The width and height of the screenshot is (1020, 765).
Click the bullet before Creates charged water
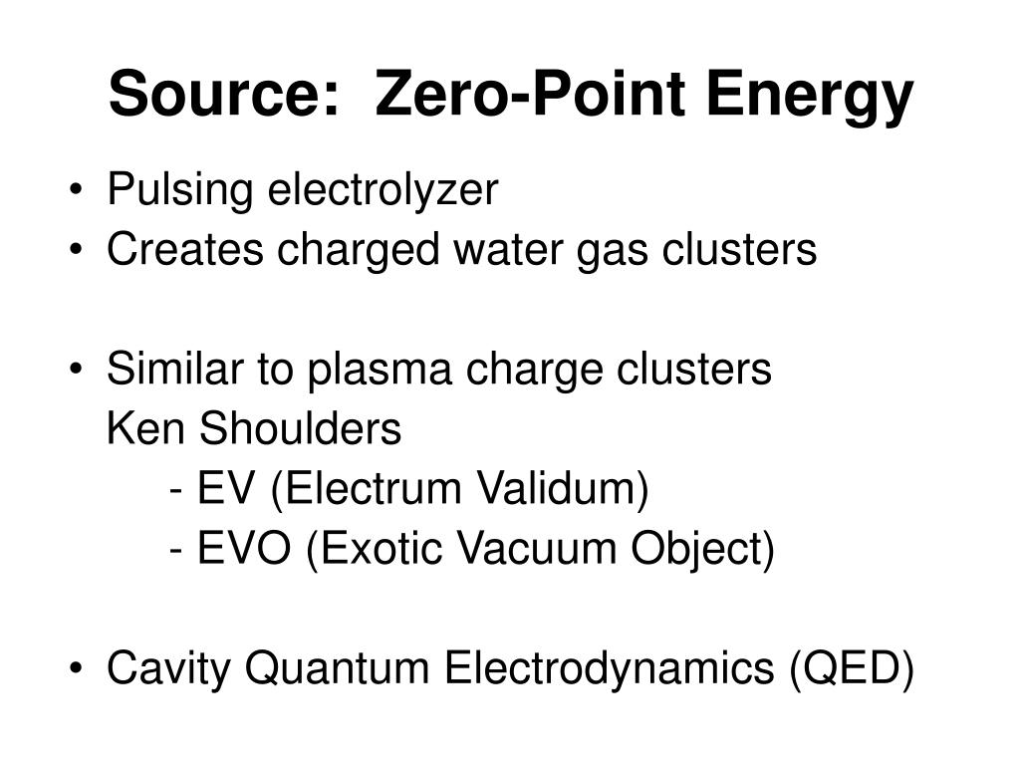(x=78, y=250)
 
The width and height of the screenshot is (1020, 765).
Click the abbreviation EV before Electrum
(x=225, y=489)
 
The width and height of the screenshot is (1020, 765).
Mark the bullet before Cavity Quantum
(x=78, y=668)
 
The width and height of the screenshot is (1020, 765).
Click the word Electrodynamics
(x=612, y=668)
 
